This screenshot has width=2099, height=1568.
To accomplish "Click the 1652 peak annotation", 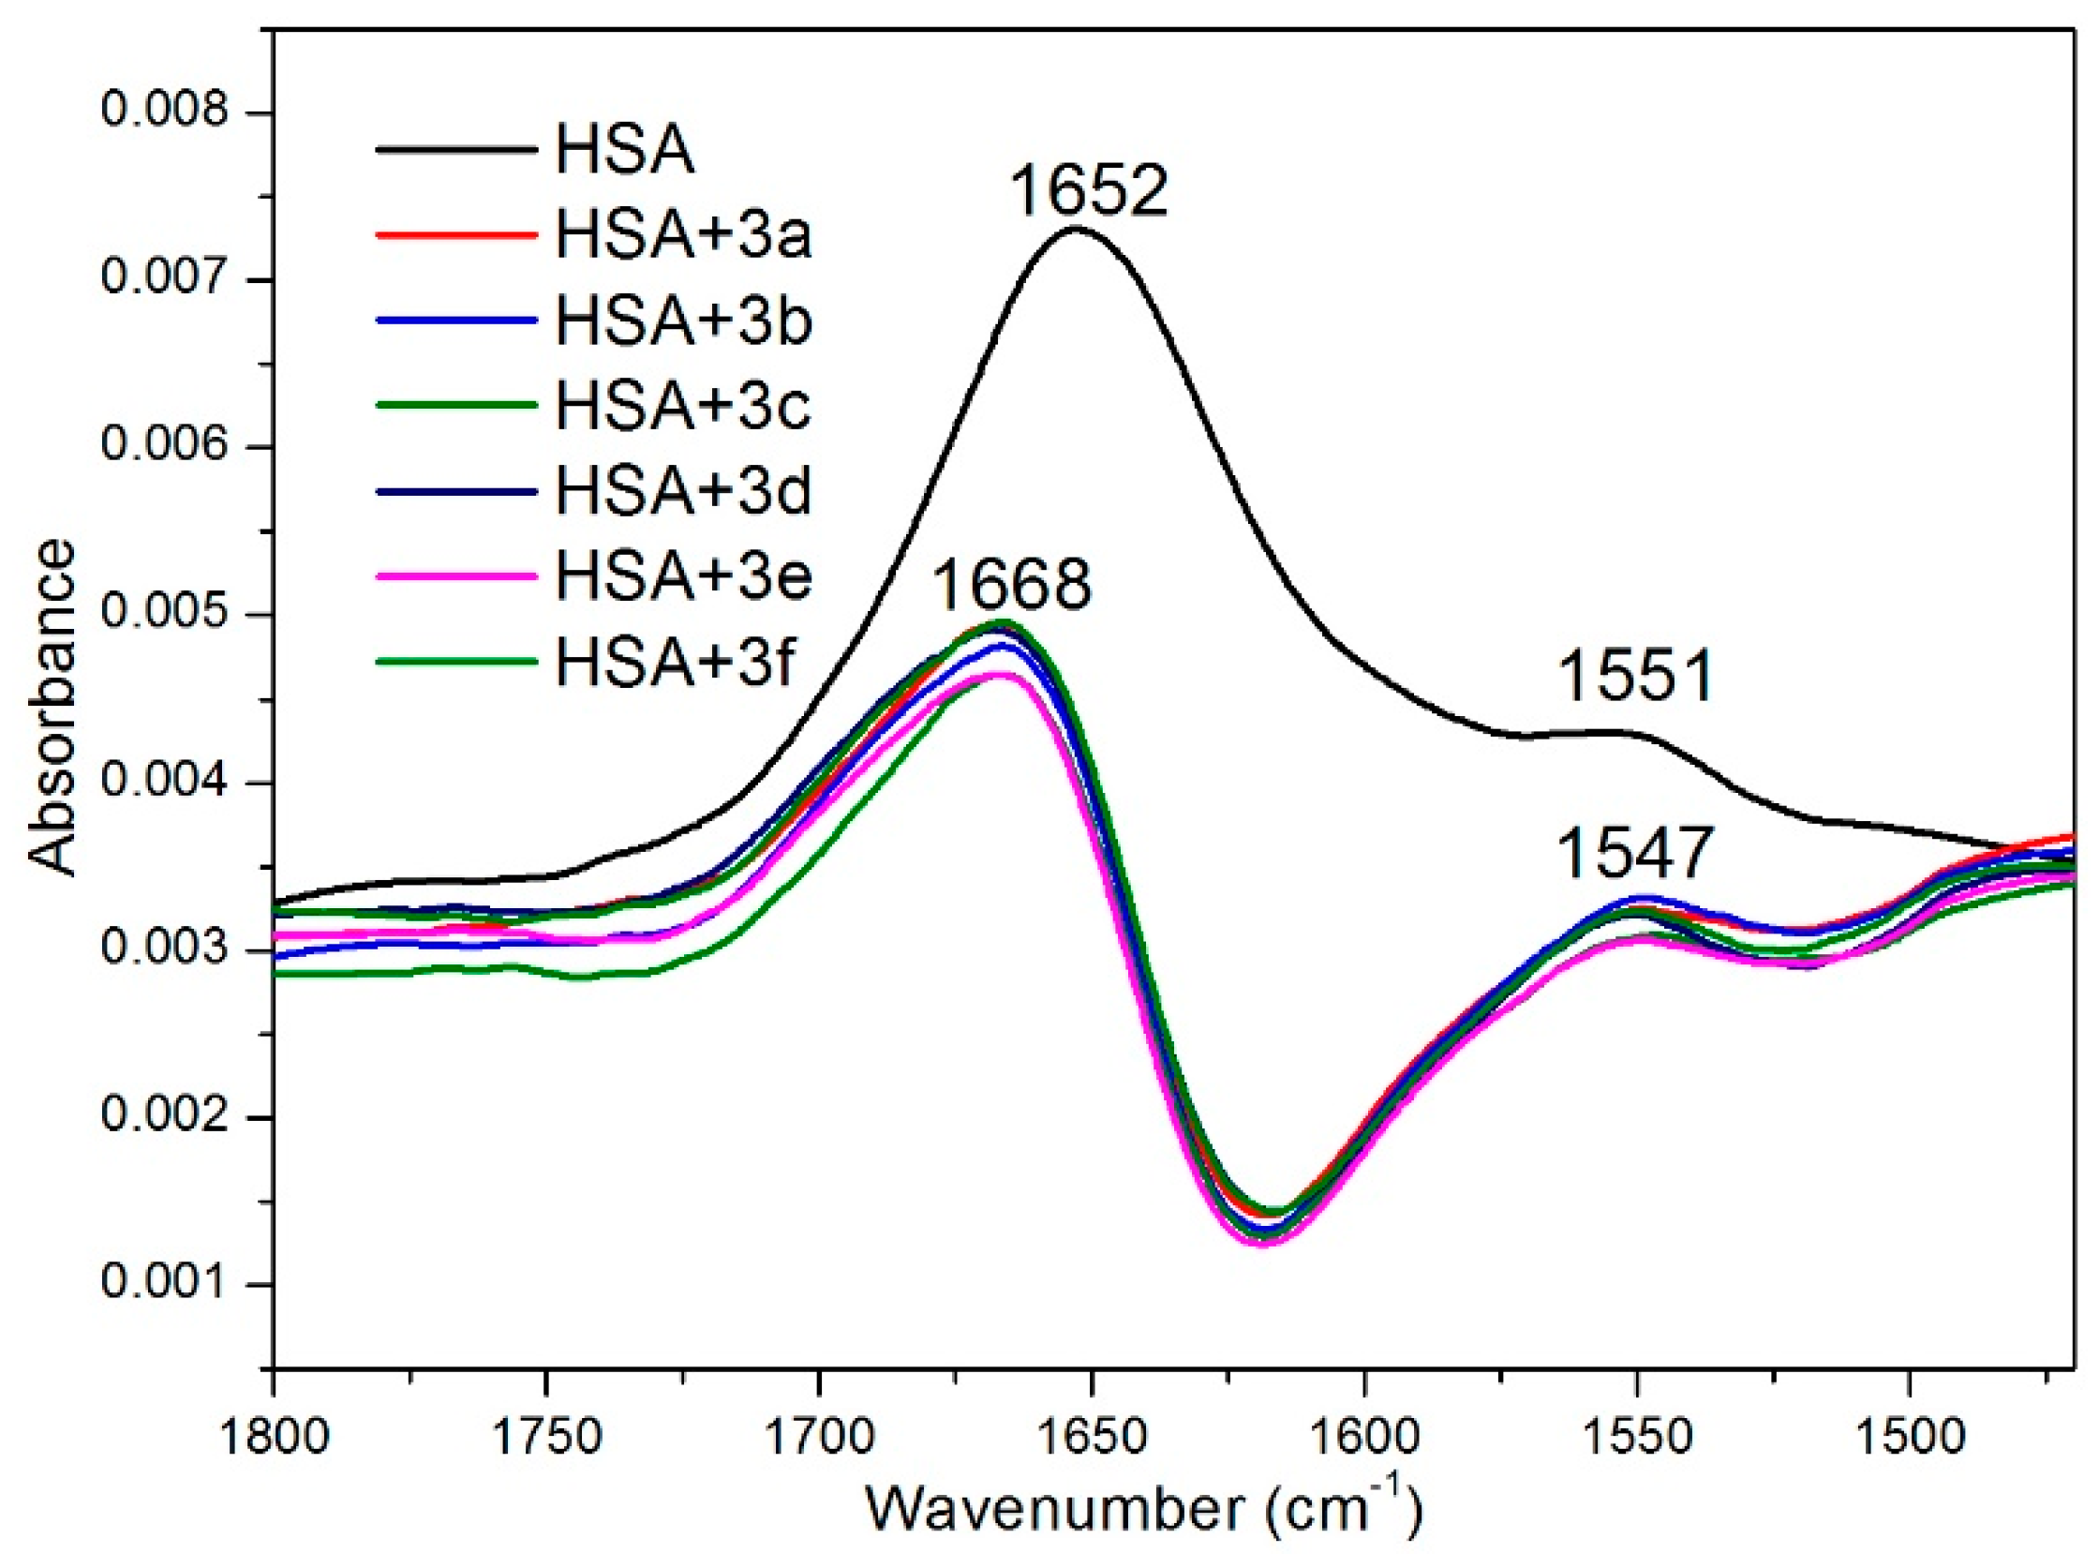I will click(1088, 190).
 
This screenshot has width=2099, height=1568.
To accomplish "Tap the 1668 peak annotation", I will click(1011, 585).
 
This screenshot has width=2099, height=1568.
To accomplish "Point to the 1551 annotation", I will click(1636, 677).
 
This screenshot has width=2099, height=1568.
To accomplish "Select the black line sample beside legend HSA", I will click(455, 149).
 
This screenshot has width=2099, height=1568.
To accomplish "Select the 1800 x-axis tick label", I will click(274, 1438).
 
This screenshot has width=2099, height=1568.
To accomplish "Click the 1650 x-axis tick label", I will click(1092, 1438).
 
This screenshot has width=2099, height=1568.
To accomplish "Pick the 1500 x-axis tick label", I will click(1909, 1438).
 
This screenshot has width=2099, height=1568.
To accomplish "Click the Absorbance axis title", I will click(52, 707).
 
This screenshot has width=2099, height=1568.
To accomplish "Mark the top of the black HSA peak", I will click(1076, 228).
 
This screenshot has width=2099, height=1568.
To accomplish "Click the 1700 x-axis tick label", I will click(818, 1438).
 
